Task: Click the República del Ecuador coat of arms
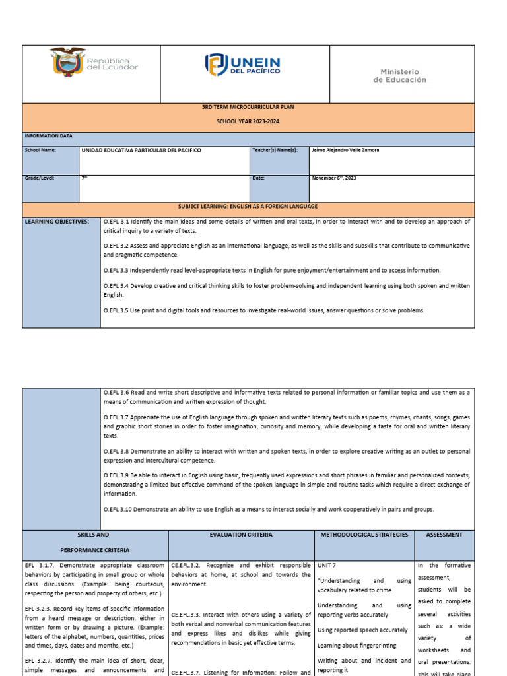coord(67,63)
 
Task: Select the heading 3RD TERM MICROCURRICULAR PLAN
coord(248,107)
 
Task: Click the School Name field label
coord(40,150)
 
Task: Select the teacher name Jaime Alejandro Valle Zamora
coord(345,150)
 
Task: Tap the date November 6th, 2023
coord(333,178)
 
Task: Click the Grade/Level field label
coord(40,178)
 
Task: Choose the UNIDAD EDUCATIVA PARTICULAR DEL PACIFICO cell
coord(141,151)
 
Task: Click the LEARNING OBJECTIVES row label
coord(57,222)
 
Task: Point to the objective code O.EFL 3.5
coord(116,310)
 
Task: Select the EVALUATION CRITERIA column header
coord(241,535)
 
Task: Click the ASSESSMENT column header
coord(444,535)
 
